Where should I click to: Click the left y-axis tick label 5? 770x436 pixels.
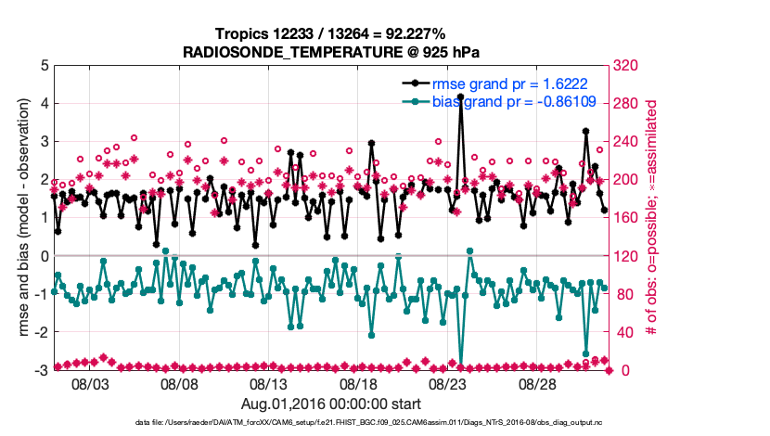point(44,66)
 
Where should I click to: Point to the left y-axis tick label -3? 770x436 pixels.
point(41,370)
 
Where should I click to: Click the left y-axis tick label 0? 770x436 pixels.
point(44,256)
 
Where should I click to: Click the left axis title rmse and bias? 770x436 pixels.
point(23,218)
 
